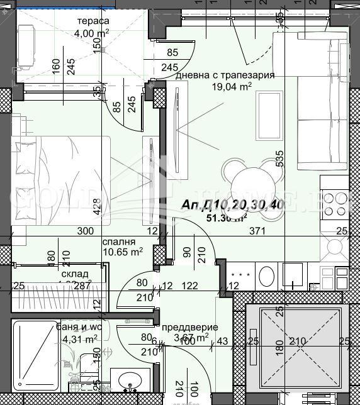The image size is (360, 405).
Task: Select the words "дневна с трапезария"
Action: tap(225, 75)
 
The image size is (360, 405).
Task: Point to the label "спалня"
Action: tap(118, 241)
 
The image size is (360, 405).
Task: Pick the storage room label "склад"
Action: tap(74, 274)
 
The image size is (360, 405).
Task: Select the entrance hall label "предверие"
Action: tap(190, 327)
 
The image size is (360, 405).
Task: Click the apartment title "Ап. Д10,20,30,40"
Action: tap(232, 205)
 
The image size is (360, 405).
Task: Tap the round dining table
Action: tap(250, 182)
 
